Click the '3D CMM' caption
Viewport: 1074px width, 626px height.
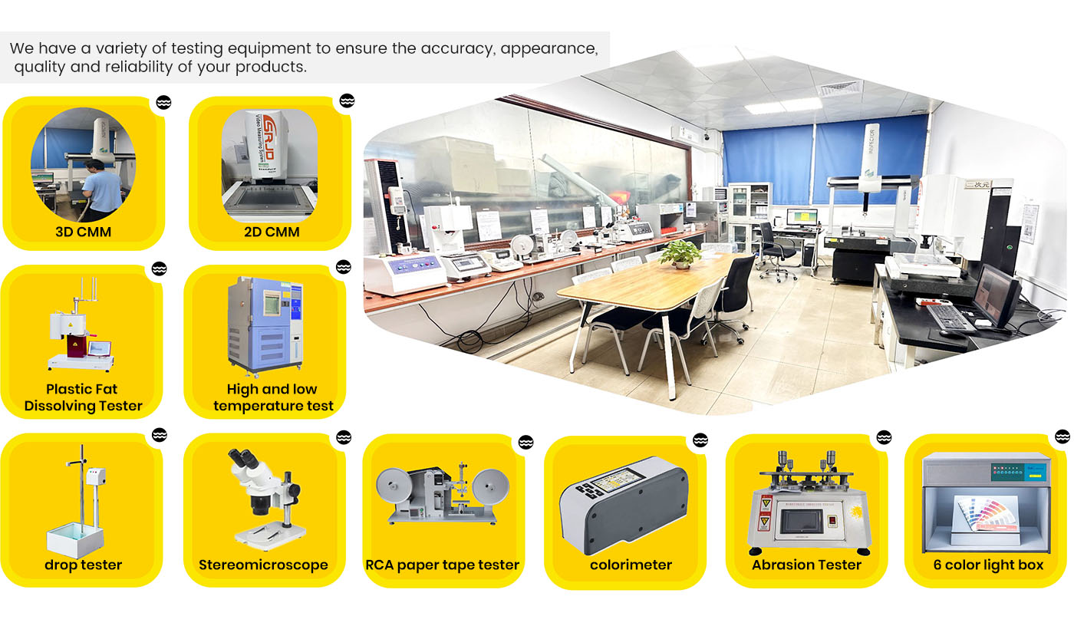tap(84, 232)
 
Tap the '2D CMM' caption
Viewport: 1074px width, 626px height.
tap(272, 232)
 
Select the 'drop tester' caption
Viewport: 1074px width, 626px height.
tap(83, 565)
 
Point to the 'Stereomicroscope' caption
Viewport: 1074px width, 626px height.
tap(263, 565)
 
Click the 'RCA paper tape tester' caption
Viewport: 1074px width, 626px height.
tap(442, 565)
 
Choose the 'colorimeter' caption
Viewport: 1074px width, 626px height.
tap(631, 565)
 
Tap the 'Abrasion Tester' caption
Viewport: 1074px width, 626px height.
tap(806, 565)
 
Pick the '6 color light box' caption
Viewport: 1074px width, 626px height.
tap(988, 565)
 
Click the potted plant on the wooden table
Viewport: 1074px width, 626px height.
tap(680, 253)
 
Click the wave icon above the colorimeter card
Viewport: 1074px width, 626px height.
tap(700, 440)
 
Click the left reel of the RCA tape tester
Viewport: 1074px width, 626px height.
tap(394, 486)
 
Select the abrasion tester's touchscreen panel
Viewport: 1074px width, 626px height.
tap(801, 522)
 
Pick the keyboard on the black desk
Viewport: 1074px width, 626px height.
tap(950, 318)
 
